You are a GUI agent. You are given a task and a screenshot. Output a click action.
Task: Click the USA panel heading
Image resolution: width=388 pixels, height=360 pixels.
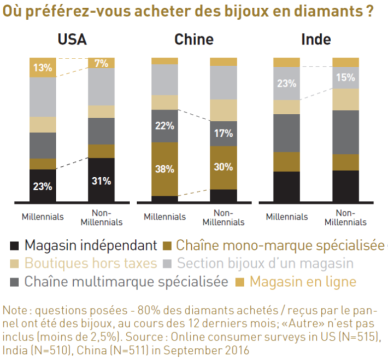coord(72,40)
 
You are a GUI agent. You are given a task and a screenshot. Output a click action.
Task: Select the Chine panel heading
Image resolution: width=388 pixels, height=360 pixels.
coord(193,40)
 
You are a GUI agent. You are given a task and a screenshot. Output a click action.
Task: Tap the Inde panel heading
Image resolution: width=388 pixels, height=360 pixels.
coord(316,40)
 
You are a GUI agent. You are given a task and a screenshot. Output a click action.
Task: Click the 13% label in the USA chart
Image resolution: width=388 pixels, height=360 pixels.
coord(43,68)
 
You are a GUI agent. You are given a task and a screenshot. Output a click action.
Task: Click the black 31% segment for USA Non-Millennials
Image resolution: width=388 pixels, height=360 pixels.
coord(101,181)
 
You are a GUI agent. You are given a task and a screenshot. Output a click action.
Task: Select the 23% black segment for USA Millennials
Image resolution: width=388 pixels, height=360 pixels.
coord(43,186)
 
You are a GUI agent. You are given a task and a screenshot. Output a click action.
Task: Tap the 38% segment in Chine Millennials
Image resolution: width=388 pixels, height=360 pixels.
coord(164,169)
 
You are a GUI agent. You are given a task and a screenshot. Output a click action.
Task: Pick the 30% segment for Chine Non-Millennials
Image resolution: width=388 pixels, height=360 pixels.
coord(224,168)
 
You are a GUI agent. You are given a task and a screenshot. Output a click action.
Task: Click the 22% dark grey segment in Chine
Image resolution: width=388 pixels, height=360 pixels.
coord(164,126)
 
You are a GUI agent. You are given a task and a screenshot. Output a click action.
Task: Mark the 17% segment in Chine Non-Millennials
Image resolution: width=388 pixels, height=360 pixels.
coord(224,133)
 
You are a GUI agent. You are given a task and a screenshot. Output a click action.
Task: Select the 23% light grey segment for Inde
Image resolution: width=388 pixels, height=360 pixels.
coord(286,84)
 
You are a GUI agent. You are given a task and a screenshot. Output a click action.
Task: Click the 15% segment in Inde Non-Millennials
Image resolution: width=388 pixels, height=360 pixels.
coord(345,78)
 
